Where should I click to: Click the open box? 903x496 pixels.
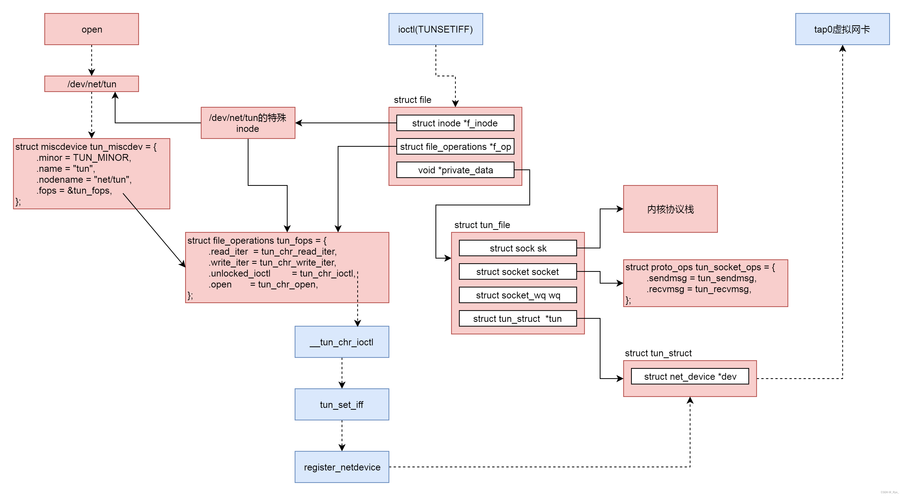92,29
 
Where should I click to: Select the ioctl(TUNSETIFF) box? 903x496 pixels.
435,29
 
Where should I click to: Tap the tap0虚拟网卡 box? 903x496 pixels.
842,29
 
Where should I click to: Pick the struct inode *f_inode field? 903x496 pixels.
455,123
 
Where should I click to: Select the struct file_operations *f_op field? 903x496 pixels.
455,146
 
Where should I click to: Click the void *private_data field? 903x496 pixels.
455,170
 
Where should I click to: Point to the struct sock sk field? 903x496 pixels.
518,248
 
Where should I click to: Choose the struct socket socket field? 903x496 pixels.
518,272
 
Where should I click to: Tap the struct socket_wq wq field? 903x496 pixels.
518,295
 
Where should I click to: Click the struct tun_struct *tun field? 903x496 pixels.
518,319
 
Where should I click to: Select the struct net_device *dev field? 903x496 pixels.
690,376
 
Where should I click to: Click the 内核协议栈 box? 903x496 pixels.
670,209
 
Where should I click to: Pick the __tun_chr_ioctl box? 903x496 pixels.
342,342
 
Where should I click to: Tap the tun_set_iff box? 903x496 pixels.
342,404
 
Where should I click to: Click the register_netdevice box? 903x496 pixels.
342,467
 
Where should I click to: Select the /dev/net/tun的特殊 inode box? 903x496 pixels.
248,123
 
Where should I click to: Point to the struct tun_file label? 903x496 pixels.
482,225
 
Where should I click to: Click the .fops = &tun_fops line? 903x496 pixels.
74,191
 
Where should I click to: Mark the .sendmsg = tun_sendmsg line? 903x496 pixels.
701,278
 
